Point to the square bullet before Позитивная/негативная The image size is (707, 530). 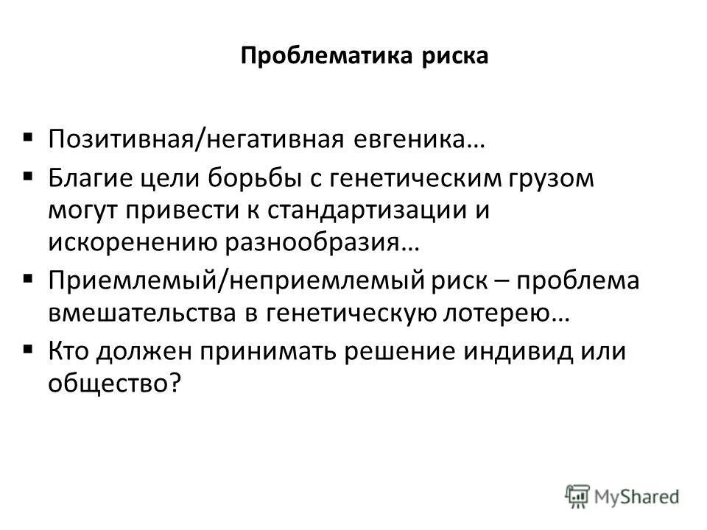point(28,135)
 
